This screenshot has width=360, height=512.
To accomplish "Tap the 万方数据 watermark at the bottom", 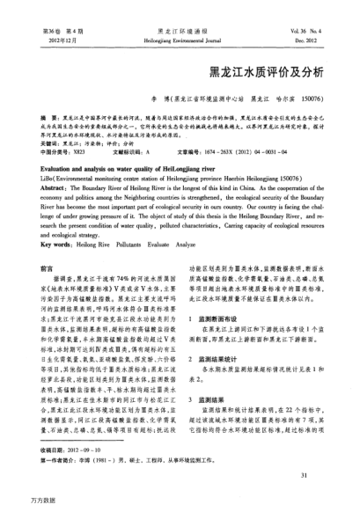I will (x=21, y=503).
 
